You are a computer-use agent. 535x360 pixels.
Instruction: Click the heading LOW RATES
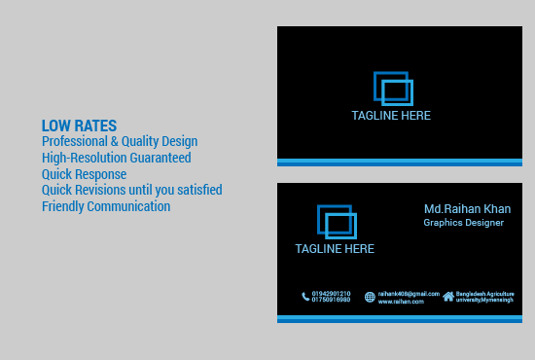tap(79, 126)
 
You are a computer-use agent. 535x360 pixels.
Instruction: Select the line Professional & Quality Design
tap(120, 141)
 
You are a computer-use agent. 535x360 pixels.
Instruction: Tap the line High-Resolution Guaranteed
tap(116, 158)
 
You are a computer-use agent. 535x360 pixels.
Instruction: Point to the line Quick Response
tap(84, 174)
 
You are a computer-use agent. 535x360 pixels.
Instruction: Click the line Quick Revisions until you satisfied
tap(131, 190)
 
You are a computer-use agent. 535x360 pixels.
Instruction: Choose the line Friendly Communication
tap(106, 206)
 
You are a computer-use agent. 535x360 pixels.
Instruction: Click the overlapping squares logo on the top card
tap(393, 89)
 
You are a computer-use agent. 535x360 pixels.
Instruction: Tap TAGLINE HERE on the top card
tap(391, 116)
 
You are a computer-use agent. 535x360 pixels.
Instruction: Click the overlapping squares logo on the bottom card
tap(337, 222)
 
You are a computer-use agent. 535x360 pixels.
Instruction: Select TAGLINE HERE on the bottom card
tap(335, 249)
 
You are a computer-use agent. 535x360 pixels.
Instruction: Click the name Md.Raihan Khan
tap(467, 209)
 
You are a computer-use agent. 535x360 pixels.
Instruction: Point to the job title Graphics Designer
tap(463, 223)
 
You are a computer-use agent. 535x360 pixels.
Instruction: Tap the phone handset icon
tap(305, 297)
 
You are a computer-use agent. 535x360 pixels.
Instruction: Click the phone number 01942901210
tap(332, 293)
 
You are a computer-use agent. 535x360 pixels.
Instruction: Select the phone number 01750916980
tap(332, 300)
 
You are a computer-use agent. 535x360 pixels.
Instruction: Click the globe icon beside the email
tap(370, 297)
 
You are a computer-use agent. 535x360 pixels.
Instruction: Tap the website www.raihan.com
tap(401, 302)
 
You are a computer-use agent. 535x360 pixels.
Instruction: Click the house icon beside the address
tap(448, 296)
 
